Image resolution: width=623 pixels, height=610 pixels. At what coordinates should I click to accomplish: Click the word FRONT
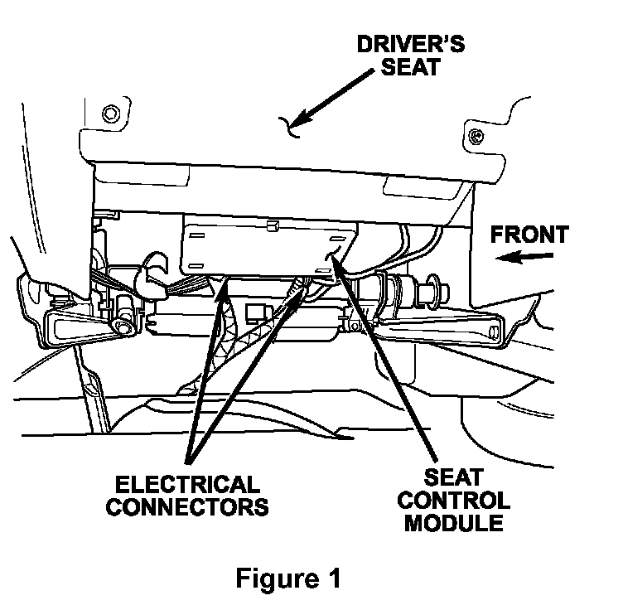(x=529, y=235)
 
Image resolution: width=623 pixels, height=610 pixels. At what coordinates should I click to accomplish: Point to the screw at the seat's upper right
(x=475, y=135)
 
